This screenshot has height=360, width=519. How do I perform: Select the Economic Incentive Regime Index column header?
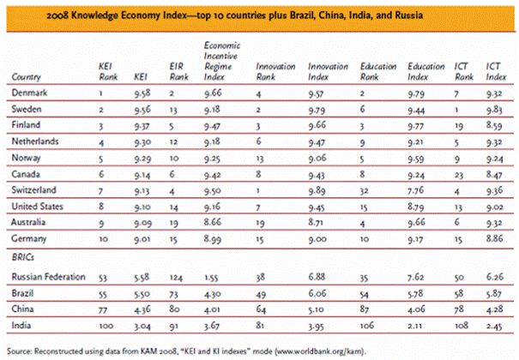click(x=221, y=59)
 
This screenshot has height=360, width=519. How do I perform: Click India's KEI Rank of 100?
click(x=106, y=327)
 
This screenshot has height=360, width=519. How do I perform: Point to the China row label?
click(x=24, y=309)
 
